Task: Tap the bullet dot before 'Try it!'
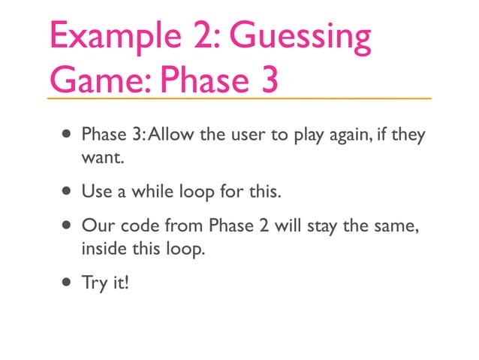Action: (68, 283)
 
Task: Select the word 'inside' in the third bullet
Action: (102, 248)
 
